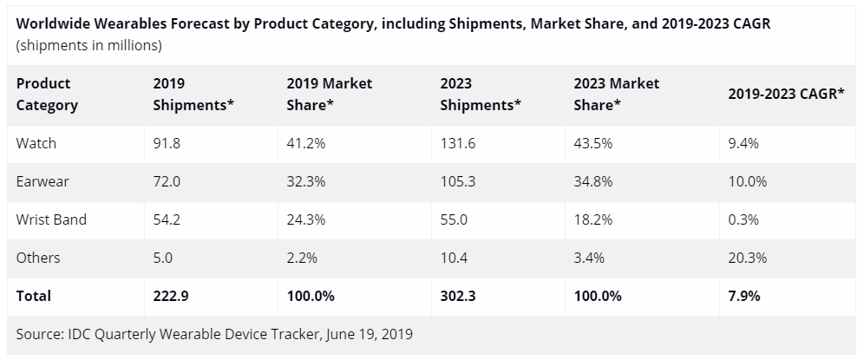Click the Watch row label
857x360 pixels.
pos(36,144)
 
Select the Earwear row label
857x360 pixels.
pos(43,182)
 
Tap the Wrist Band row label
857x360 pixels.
pos(51,220)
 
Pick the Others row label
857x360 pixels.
pos(38,259)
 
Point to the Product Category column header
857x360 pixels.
pos(47,95)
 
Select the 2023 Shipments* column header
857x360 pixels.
pos(480,95)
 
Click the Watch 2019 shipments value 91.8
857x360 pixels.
pos(167,144)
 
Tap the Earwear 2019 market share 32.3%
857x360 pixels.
pos(306,182)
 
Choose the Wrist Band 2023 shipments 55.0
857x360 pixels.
pos(454,220)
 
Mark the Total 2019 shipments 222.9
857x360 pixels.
pos(171,296)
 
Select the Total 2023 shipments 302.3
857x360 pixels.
pos(458,296)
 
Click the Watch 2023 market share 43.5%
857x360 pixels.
pos(593,144)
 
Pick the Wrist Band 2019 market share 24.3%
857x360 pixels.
pos(306,220)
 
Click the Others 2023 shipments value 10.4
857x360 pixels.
pos(454,259)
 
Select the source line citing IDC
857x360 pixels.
pos(214,334)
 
